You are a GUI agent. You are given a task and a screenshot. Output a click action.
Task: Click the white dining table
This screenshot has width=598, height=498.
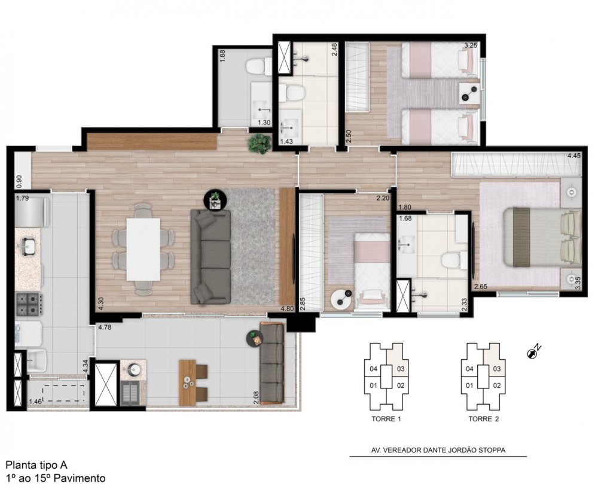tap(144, 249)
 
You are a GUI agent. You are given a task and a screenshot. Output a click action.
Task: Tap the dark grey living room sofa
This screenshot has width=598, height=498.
tap(211, 256)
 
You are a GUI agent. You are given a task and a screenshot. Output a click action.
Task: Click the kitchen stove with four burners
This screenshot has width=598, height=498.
tap(29, 304)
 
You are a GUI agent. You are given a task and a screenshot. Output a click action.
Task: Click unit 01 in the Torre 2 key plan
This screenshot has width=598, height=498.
tap(469, 385)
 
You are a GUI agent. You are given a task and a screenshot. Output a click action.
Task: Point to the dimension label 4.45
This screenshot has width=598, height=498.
tap(573, 155)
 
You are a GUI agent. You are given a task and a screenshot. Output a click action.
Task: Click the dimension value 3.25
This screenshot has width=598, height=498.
tap(470, 45)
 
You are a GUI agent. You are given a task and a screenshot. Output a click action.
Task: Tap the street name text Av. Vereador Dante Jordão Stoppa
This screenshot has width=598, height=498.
tap(438, 450)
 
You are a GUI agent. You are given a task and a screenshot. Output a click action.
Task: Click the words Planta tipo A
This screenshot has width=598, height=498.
tap(36, 465)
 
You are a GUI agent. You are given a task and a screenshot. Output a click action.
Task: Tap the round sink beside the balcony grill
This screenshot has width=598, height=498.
tap(133, 369)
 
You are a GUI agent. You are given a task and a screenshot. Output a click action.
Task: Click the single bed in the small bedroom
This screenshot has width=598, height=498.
tap(371, 271)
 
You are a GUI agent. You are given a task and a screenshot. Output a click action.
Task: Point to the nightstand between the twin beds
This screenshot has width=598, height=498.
tap(469, 93)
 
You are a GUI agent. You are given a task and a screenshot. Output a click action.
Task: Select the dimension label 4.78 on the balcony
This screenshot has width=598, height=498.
tap(105, 327)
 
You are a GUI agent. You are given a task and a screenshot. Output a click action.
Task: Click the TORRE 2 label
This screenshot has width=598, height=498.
tap(484, 419)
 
